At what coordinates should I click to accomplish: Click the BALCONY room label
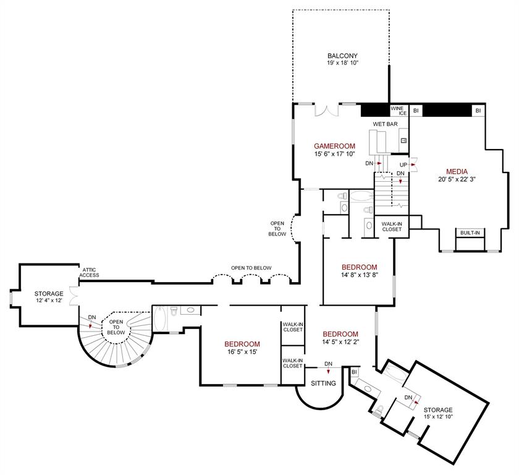tap(343, 55)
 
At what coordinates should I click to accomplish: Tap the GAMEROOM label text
tap(334, 146)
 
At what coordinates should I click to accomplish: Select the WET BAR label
tap(385, 124)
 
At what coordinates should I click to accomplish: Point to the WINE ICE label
tap(397, 111)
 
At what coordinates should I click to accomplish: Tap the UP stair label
tap(403, 164)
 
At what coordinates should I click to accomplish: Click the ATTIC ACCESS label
tap(89, 273)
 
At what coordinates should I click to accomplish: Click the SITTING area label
tap(323, 383)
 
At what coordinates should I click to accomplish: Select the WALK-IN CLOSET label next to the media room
tap(391, 226)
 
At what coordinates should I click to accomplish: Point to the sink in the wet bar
tap(403, 140)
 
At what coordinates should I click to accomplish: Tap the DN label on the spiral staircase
tap(92, 317)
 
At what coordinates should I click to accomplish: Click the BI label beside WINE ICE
tap(416, 111)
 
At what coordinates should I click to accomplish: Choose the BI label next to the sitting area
tap(354, 372)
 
